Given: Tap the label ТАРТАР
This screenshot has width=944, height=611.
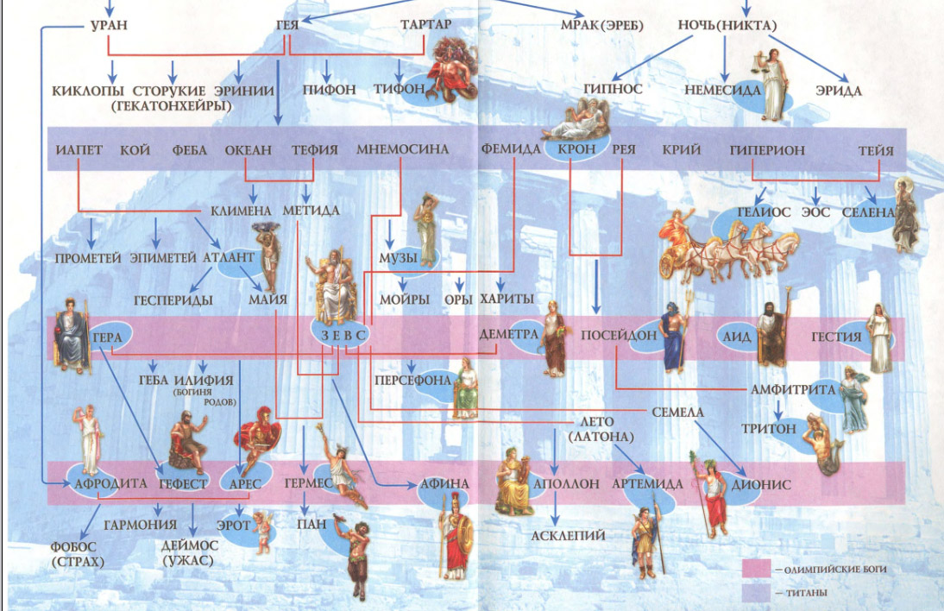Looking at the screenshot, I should coord(425,24).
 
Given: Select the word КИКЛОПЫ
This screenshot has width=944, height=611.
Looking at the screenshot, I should coord(85,90).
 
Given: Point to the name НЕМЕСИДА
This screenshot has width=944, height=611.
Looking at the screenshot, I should coord(722,90).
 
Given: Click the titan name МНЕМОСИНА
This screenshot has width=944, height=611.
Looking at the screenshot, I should coord(403,149).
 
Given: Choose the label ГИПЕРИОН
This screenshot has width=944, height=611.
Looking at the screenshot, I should coord(767,149).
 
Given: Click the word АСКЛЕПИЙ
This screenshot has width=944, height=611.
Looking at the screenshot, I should coord(570,535).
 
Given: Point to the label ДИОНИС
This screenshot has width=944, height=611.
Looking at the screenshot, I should coord(761,484).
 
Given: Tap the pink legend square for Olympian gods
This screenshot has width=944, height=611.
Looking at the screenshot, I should coord(756,569).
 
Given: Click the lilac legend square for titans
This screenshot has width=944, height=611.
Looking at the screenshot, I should coord(756,594).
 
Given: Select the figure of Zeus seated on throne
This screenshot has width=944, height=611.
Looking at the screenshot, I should coord(332,284).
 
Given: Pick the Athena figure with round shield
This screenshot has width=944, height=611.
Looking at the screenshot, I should coord(454,539).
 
